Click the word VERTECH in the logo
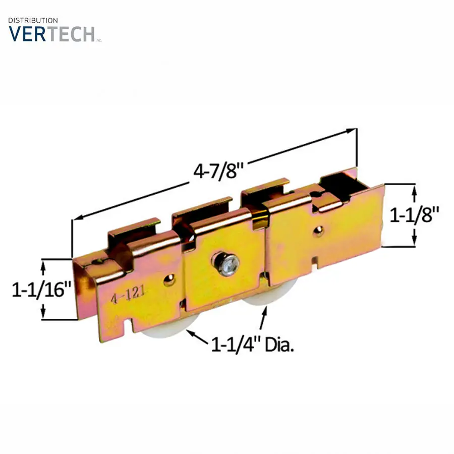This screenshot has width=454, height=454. [x=52, y=34]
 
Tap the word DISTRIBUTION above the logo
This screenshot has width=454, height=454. [x=33, y=20]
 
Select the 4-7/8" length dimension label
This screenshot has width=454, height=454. [x=218, y=171]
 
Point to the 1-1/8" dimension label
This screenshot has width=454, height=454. [x=415, y=214]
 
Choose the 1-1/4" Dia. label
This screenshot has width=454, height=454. [x=253, y=345]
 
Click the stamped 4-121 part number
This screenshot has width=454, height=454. [x=128, y=295]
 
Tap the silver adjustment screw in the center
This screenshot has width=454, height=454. [x=226, y=263]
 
